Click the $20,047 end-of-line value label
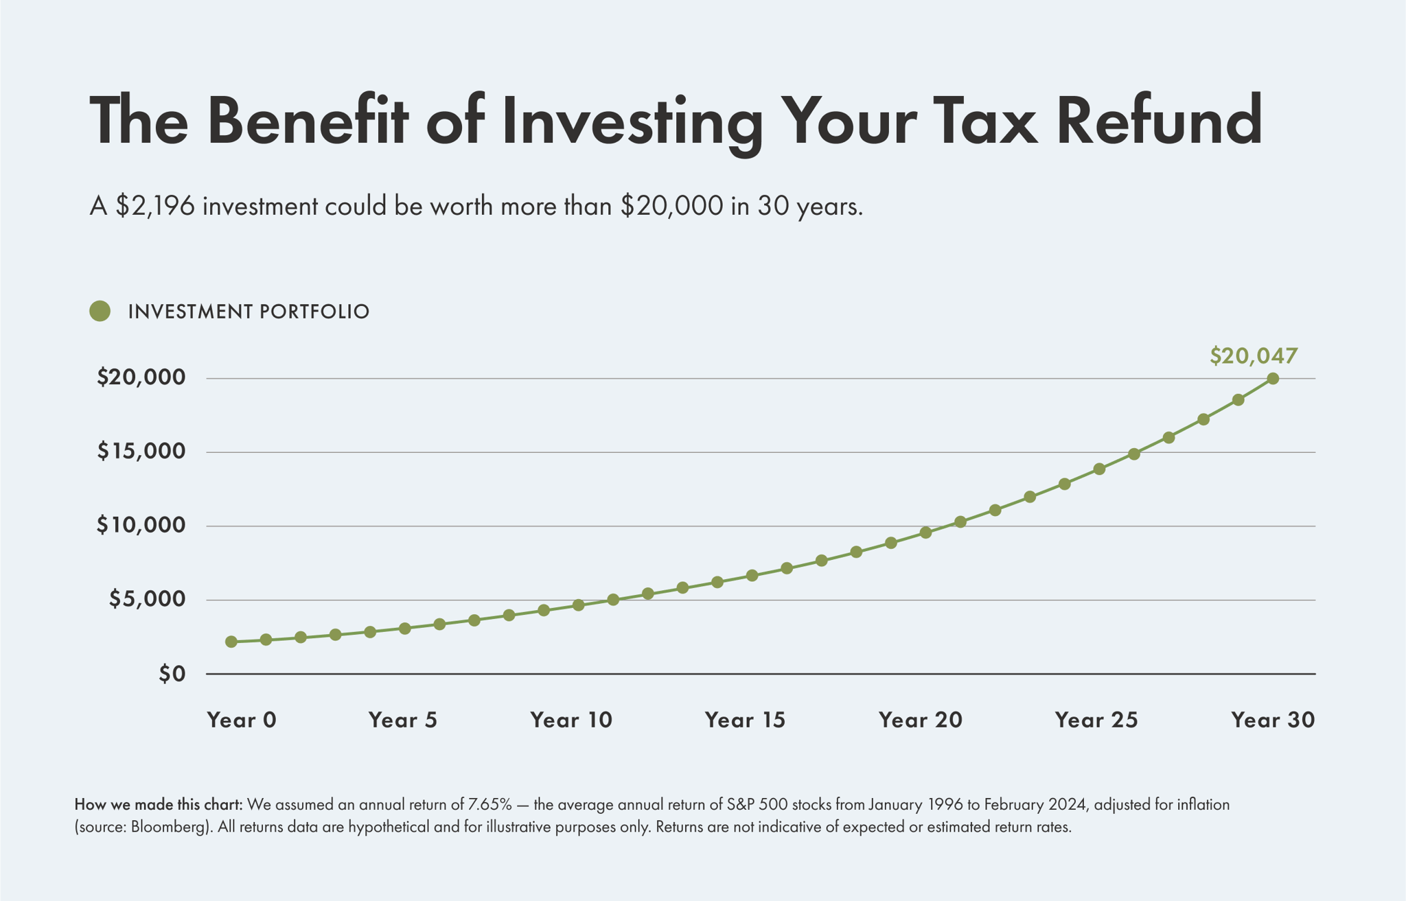(x=1254, y=356)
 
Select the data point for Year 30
(x=1272, y=379)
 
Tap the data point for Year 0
(x=231, y=642)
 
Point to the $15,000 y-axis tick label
(x=141, y=452)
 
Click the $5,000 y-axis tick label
(x=147, y=600)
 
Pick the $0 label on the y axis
(x=172, y=675)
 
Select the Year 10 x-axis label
(x=571, y=720)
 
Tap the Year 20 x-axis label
(x=920, y=720)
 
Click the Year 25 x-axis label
(x=1096, y=720)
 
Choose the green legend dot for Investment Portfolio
(x=100, y=312)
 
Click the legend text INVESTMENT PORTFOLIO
(x=249, y=312)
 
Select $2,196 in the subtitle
(x=155, y=206)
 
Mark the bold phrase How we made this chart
(x=158, y=804)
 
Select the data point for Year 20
(x=925, y=533)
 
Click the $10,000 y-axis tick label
(x=141, y=526)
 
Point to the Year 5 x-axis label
(x=402, y=720)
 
